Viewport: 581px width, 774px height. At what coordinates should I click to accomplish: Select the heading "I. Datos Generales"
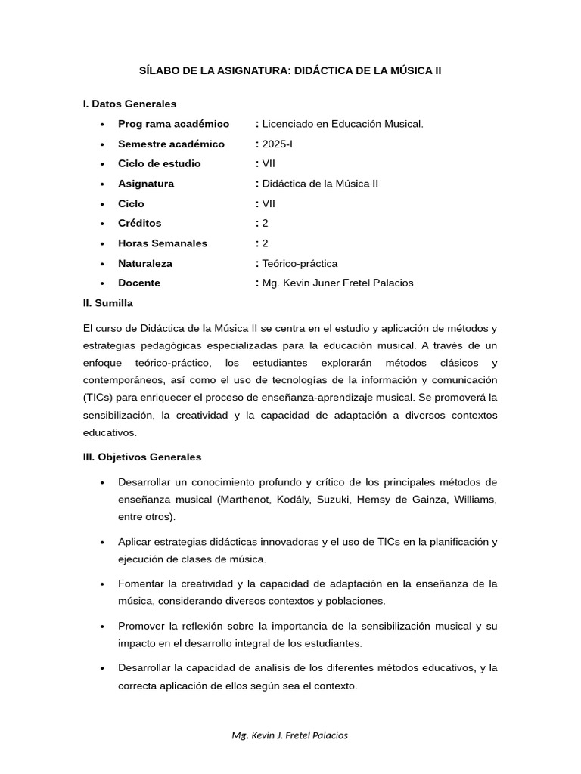129,104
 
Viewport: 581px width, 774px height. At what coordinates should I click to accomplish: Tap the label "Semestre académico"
171,144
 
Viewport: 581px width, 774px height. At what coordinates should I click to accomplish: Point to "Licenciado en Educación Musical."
342,124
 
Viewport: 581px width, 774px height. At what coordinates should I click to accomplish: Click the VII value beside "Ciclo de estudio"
269,163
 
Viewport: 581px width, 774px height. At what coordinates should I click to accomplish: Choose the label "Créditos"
140,223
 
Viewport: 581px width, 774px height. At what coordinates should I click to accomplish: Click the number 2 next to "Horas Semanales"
266,243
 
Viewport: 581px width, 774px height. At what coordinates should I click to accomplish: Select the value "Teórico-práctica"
300,263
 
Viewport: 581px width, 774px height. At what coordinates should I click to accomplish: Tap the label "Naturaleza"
145,263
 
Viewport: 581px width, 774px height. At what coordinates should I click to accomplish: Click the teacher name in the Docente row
337,283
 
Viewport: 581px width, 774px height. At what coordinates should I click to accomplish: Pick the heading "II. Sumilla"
107,302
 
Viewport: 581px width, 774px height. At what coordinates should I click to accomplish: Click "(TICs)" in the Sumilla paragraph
99,398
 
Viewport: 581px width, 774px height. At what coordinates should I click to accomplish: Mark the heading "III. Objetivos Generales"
142,457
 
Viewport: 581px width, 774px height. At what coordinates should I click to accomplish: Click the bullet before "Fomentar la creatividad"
102,584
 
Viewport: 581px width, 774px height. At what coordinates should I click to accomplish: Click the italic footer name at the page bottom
290,735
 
